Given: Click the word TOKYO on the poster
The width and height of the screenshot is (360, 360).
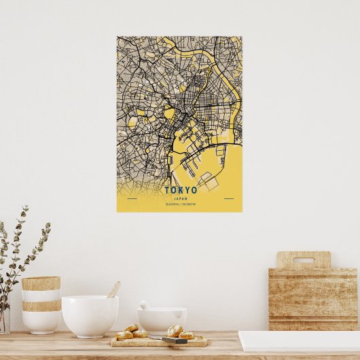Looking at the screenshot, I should tap(180, 190).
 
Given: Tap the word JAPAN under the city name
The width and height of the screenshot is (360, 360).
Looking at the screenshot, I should tap(180, 198).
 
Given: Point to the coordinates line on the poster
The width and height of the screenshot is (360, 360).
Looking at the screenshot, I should tap(180, 203).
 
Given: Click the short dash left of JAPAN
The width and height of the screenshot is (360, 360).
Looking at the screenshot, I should tap(132, 198).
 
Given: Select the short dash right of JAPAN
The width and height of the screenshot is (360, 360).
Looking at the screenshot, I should tap(228, 198).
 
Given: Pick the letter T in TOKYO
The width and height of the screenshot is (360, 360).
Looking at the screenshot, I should tap(166, 190).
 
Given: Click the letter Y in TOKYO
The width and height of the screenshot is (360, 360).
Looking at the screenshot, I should tap(187, 190).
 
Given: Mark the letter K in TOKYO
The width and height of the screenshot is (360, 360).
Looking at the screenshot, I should tap(180, 190).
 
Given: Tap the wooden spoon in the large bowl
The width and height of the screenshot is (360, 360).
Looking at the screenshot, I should tap(113, 289).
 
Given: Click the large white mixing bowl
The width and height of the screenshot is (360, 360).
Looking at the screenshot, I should tap(90, 315).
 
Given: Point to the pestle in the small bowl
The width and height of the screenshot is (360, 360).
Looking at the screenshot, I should tap(145, 305).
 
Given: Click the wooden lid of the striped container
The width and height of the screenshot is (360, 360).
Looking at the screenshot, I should tap(41, 283).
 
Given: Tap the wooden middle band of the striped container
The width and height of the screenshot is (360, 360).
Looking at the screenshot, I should tap(41, 306).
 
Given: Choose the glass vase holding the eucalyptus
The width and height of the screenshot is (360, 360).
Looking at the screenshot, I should tap(4, 319).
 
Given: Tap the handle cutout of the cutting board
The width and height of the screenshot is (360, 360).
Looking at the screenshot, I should tap(303, 260).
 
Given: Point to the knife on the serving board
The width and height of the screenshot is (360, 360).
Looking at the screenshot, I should tap(175, 340).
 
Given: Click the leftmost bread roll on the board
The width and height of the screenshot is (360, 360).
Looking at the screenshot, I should tap(124, 335).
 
